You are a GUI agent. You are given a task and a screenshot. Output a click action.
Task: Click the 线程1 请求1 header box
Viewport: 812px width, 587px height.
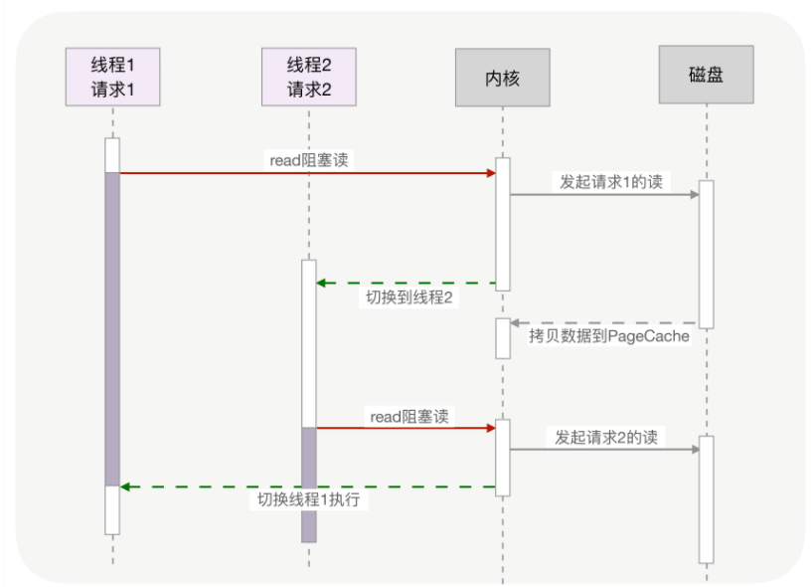point(112,77)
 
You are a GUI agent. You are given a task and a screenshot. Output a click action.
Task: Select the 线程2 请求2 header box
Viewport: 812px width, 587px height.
point(309,77)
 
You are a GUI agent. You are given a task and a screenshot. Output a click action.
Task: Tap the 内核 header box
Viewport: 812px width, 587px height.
point(503,77)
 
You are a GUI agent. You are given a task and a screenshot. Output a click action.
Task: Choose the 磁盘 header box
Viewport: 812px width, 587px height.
point(706,75)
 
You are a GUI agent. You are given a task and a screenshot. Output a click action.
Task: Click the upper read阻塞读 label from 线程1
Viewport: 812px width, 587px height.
point(309,159)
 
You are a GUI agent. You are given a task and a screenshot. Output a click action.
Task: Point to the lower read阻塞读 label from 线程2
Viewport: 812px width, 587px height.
point(408,416)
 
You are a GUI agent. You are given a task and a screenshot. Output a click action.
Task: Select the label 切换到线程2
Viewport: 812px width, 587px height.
point(408,298)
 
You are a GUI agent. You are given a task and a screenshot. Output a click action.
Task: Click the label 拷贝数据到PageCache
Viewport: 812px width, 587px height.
point(609,338)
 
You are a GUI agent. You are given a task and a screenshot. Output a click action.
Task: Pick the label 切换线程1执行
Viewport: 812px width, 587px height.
point(309,500)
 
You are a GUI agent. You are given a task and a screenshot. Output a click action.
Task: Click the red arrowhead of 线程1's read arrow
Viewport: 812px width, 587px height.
point(491,173)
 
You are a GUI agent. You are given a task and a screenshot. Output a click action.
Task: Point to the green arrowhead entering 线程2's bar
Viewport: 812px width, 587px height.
point(322,284)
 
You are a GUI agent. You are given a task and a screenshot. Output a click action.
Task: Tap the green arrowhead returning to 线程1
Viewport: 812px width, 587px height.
point(125,487)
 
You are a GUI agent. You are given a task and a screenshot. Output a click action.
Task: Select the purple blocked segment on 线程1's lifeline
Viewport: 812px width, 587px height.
point(112,328)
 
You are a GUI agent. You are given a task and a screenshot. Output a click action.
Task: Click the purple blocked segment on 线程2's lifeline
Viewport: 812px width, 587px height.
point(309,485)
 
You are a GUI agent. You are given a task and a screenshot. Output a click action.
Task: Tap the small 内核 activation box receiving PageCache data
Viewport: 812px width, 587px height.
point(503,338)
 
